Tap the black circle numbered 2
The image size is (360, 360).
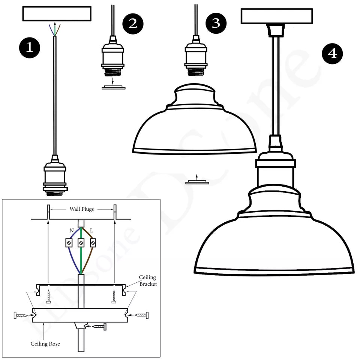pos(133,23)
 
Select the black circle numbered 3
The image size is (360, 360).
pos(216,23)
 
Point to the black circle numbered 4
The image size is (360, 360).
pos(332,54)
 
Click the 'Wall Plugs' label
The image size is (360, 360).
pos(81,209)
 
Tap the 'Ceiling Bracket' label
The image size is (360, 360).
pos(147,281)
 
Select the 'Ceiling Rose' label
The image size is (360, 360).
pos(45,343)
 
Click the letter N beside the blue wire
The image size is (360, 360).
pos(71,230)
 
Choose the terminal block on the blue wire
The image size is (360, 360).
pos(69,243)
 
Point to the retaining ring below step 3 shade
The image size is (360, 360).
pos(197,183)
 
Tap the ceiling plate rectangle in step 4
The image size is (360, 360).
pos(276,16)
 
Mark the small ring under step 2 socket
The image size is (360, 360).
pos(113,88)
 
